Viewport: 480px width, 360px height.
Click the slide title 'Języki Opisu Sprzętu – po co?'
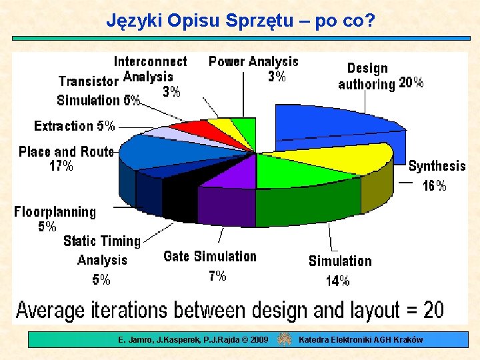pyautogui.click(x=241, y=21)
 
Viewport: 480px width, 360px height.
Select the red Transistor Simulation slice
pyautogui.click(x=191, y=128)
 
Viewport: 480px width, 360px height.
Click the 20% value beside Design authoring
pyautogui.click(x=411, y=83)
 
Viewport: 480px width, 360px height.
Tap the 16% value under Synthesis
pyautogui.click(x=435, y=186)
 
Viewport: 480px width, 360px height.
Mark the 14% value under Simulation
pyautogui.click(x=337, y=281)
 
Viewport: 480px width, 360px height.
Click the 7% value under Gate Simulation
pyautogui.click(x=217, y=275)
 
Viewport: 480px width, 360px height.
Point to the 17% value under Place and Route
pyautogui.click(x=61, y=166)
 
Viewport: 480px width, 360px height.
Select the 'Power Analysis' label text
pyautogui.click(x=253, y=61)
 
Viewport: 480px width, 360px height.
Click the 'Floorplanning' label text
pyautogui.click(x=55, y=212)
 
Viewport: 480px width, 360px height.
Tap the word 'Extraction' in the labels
pyautogui.click(x=63, y=125)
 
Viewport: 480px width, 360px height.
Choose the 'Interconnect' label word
pyautogui.click(x=150, y=61)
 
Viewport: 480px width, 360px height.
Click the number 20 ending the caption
pyautogui.click(x=433, y=309)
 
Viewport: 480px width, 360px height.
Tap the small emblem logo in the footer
pyautogui.click(x=284, y=339)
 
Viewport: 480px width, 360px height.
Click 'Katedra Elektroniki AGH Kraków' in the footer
pyautogui.click(x=361, y=340)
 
